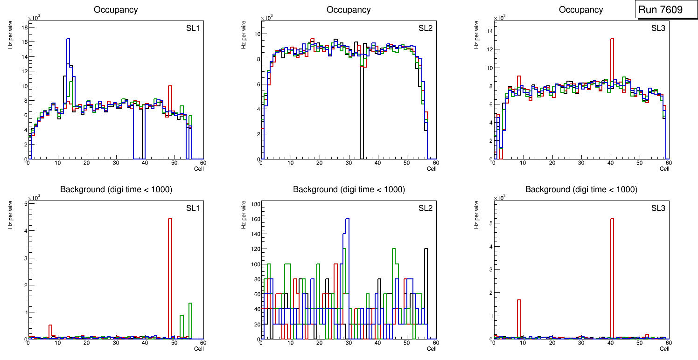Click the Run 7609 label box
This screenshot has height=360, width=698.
663,10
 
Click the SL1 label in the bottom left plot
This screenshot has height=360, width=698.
193,208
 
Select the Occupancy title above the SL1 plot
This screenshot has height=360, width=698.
116,10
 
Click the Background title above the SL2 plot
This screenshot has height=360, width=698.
349,189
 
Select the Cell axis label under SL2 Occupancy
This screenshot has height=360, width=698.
432,169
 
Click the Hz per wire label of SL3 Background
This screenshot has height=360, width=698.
477,215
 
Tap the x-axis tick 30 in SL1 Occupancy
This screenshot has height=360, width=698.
116,163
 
